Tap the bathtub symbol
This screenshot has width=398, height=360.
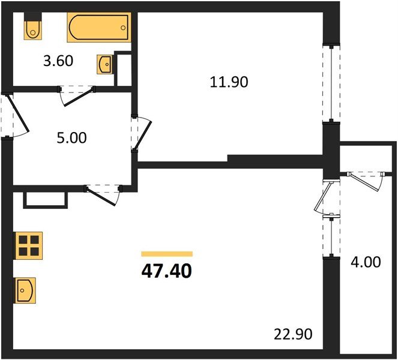98,27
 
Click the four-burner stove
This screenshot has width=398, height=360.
28,245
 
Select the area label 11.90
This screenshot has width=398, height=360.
229,82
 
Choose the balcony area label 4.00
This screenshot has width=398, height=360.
366,263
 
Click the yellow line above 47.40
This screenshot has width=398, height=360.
166,254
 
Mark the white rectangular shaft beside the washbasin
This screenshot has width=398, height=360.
123,70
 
